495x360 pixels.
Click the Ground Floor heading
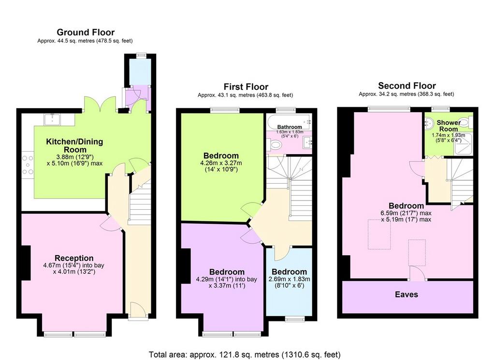[x=86, y=32]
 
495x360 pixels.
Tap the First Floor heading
[x=246, y=87]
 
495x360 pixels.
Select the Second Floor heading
[x=407, y=86]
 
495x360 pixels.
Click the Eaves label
[x=406, y=294]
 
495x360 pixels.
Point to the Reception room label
[x=74, y=258]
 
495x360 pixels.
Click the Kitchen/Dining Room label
[x=74, y=145]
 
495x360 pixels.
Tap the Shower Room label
[x=449, y=126]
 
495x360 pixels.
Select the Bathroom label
[x=290, y=127]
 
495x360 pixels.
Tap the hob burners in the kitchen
[x=28, y=165]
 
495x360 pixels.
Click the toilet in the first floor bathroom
[x=274, y=145]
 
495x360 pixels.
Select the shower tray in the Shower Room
[x=464, y=144]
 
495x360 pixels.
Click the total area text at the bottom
[x=245, y=355]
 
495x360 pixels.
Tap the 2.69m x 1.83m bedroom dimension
[x=289, y=279]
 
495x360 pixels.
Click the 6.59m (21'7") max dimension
[x=406, y=213]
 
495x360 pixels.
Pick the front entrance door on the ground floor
[x=138, y=310]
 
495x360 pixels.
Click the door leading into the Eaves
[x=417, y=273]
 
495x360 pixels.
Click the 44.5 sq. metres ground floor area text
[x=85, y=41]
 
